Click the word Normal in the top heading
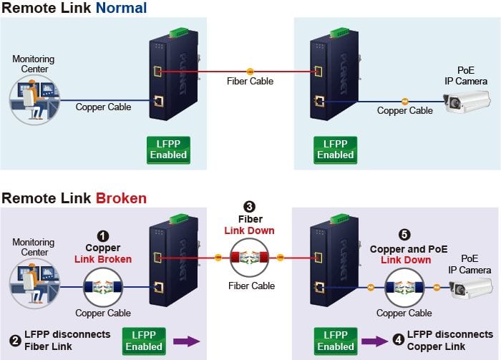click(x=121, y=8)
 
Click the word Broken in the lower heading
click(x=121, y=198)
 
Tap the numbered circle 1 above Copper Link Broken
click(x=102, y=236)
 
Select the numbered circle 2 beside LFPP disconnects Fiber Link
click(x=15, y=341)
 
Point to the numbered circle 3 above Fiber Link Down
click(x=249, y=207)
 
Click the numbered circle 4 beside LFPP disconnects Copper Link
click(x=398, y=339)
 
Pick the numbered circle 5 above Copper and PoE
click(x=404, y=235)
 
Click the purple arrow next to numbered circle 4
click(x=374, y=341)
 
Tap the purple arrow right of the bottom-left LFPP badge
click(x=187, y=341)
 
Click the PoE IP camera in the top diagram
click(x=467, y=102)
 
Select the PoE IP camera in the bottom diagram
click(x=470, y=288)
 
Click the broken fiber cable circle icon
click(x=250, y=258)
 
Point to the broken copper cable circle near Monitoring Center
click(x=103, y=287)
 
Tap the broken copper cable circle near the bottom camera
click(x=404, y=288)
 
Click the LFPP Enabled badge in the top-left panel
click(x=168, y=150)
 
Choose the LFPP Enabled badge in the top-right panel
click(x=335, y=150)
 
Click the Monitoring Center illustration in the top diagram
click(x=34, y=99)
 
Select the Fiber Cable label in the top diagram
click(x=250, y=81)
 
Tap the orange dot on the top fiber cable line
click(x=250, y=72)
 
